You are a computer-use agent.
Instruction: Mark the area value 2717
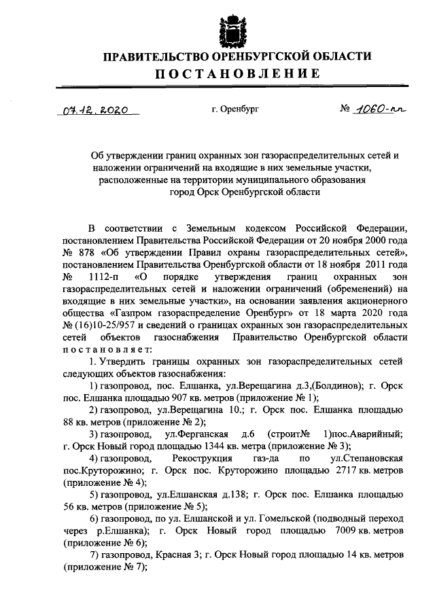pyautogui.click(x=340, y=472)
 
